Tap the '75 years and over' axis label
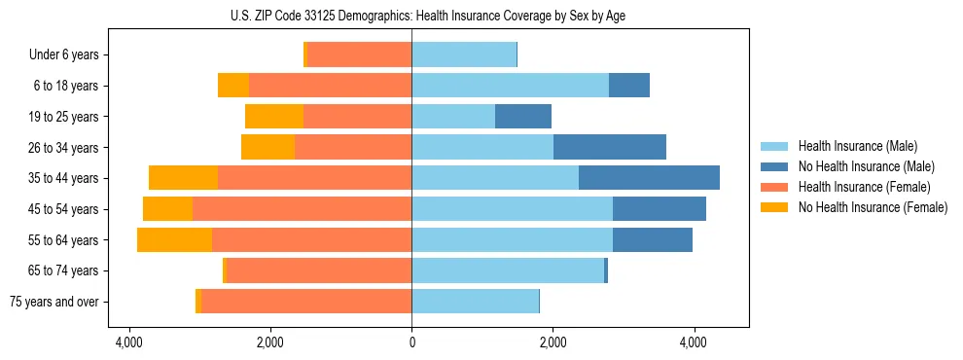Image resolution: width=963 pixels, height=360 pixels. pyautogui.click(x=53, y=302)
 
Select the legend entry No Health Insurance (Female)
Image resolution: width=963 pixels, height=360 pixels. pyautogui.click(x=872, y=207)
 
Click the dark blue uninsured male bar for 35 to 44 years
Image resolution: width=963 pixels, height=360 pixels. pyautogui.click(x=649, y=178)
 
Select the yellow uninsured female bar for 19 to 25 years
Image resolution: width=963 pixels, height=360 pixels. pyautogui.click(x=274, y=117)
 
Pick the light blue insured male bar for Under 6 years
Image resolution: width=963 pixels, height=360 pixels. pyautogui.click(x=464, y=54)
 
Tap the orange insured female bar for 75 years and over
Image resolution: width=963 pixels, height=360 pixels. pyautogui.click(x=306, y=302)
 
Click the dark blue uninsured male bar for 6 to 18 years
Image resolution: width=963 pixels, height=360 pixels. pyautogui.click(x=629, y=86)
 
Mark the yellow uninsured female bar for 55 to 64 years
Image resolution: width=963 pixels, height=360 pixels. pyautogui.click(x=174, y=240)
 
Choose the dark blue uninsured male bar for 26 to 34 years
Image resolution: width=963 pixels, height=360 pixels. pyautogui.click(x=610, y=147)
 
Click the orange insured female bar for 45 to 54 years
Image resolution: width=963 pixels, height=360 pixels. pyautogui.click(x=302, y=209)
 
